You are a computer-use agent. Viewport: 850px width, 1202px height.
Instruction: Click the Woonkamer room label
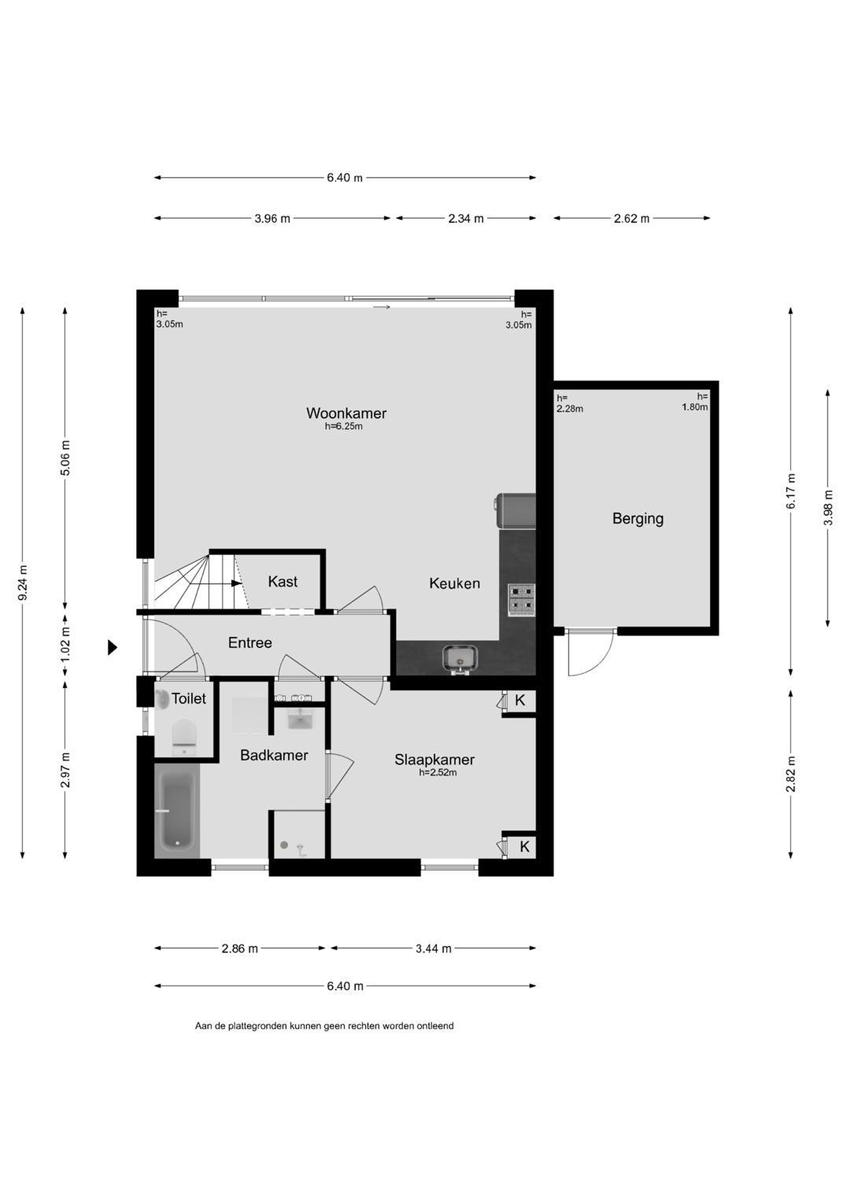point(346,413)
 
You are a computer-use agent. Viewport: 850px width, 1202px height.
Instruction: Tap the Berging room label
point(637,519)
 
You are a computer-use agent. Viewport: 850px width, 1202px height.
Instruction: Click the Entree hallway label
point(250,642)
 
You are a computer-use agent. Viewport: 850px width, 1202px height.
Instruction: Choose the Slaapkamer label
point(434,759)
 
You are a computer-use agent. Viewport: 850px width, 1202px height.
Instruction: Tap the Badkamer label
point(274,755)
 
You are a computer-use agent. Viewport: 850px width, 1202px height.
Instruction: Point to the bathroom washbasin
point(300,719)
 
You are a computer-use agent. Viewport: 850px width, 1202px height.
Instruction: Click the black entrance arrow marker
point(112,648)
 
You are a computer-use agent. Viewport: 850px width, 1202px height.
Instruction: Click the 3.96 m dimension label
point(272,218)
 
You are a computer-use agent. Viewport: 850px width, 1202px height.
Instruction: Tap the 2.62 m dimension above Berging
point(632,218)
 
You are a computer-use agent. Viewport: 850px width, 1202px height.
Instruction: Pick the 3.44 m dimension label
point(434,949)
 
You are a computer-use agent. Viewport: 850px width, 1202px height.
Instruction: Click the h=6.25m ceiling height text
point(344,426)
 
